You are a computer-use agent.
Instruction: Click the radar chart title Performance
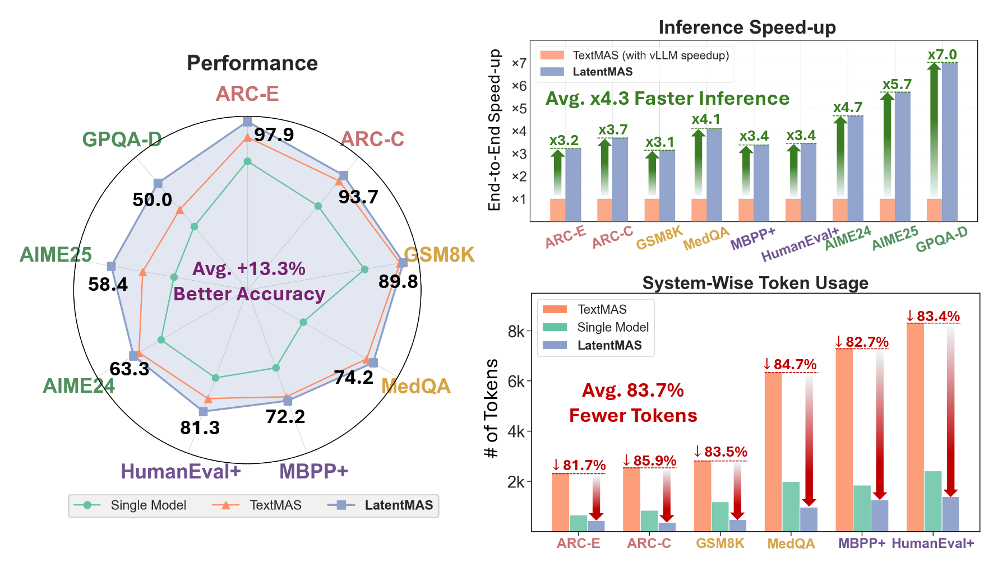[x=252, y=63]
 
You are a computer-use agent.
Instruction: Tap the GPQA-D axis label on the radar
[x=122, y=139]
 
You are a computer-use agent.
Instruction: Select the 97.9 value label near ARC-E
[x=274, y=135]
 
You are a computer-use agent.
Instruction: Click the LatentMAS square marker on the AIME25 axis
[x=111, y=266]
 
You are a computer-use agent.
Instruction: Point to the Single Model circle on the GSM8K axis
[x=364, y=269]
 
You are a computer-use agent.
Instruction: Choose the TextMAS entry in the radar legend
[x=275, y=505]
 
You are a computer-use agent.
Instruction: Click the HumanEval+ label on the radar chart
[x=181, y=472]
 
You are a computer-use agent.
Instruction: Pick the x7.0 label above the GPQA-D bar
[x=942, y=55]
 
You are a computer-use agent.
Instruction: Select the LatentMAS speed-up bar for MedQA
[x=714, y=175]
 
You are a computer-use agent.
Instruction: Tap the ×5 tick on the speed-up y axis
[x=519, y=109]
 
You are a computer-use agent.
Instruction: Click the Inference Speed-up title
[x=747, y=27]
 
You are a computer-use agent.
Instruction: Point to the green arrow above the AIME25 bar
[x=887, y=146]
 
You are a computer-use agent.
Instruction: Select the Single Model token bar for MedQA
[x=791, y=506]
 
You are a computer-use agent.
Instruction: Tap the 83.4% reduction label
[x=934, y=317]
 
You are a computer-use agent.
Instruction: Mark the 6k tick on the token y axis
[x=516, y=382]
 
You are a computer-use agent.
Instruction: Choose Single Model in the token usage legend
[x=612, y=327]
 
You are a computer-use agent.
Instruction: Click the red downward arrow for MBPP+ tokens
[x=880, y=426]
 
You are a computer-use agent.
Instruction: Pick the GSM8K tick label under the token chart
[x=720, y=543]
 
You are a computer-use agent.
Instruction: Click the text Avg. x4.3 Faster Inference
[x=667, y=99]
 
